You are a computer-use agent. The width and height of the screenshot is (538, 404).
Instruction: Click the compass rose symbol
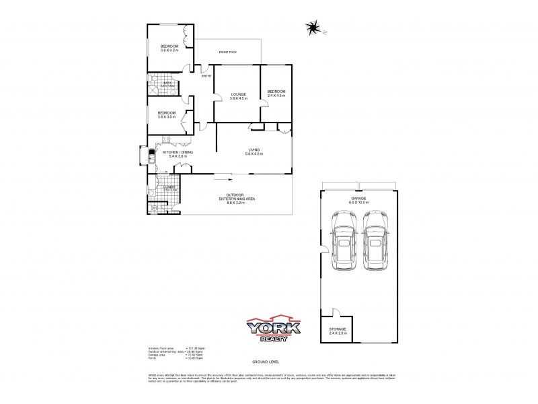coord(313,28)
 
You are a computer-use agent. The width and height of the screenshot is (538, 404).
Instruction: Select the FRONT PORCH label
coord(227,52)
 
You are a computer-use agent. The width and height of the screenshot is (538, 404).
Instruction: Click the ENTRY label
coord(206,76)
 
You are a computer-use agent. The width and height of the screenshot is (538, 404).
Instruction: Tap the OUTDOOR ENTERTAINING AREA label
coord(236,199)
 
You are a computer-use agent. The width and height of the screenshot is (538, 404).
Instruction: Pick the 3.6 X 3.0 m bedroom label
coord(166,114)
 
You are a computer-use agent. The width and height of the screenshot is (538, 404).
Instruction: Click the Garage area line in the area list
coord(169,354)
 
